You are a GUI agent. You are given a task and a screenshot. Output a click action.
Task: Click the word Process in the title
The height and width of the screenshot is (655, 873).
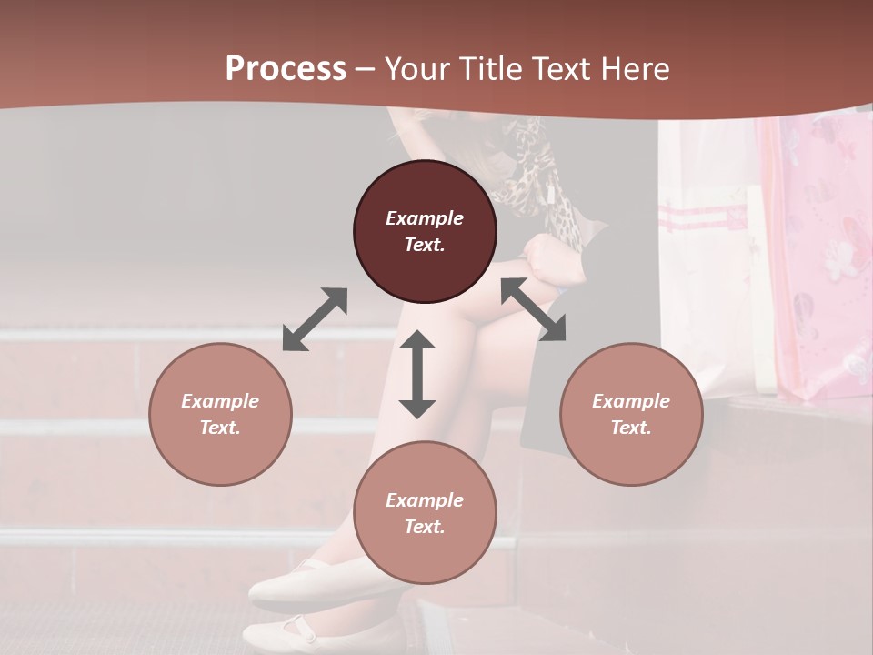point(286,69)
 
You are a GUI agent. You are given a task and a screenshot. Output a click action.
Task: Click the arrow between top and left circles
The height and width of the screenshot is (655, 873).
point(315,319)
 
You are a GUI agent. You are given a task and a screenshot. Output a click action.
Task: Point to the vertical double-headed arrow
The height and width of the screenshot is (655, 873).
point(417,374)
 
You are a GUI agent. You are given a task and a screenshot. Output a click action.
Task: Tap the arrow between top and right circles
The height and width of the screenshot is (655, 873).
point(533,309)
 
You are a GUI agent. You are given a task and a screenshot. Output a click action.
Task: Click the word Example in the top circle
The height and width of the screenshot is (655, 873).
point(425,218)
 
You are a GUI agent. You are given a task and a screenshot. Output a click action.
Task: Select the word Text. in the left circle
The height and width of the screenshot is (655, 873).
point(220,428)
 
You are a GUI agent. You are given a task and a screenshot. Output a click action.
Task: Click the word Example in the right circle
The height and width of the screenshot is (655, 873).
point(631,401)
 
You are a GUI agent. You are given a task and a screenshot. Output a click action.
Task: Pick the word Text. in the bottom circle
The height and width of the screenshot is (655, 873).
point(425,527)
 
